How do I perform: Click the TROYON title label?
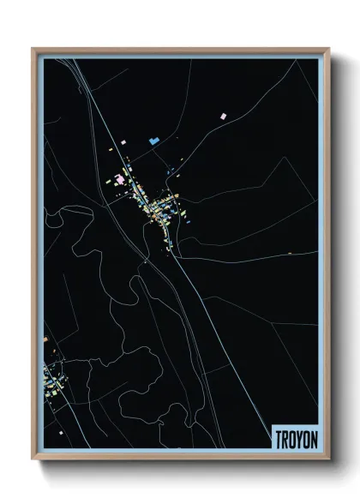pyautogui.click(x=294, y=438)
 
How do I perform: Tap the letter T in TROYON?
pyautogui.click(x=278, y=438)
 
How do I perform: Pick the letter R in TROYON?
pyautogui.click(x=284, y=438)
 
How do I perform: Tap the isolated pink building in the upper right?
pyautogui.click(x=223, y=114)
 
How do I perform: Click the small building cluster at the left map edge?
pyautogui.click(x=51, y=375)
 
